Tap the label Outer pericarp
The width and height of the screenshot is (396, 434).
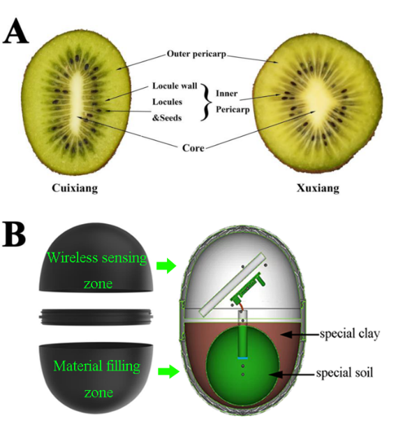(196, 54)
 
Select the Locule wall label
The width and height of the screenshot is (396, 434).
(175, 86)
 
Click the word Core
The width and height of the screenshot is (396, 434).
(193, 148)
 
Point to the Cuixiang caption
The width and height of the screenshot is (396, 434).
(75, 188)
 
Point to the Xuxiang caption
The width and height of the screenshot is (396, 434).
(318, 188)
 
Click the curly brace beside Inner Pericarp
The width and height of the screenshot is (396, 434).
(206, 102)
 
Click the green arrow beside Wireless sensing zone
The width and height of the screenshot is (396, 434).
(166, 266)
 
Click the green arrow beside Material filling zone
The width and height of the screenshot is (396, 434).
(169, 371)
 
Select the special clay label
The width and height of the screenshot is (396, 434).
(350, 334)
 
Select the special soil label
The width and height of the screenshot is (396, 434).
(344, 373)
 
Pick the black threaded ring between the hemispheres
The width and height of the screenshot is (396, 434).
(96, 316)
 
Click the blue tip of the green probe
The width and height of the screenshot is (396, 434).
(242, 358)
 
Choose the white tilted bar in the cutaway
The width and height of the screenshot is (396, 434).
(233, 284)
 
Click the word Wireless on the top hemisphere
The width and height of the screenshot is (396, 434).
(73, 258)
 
